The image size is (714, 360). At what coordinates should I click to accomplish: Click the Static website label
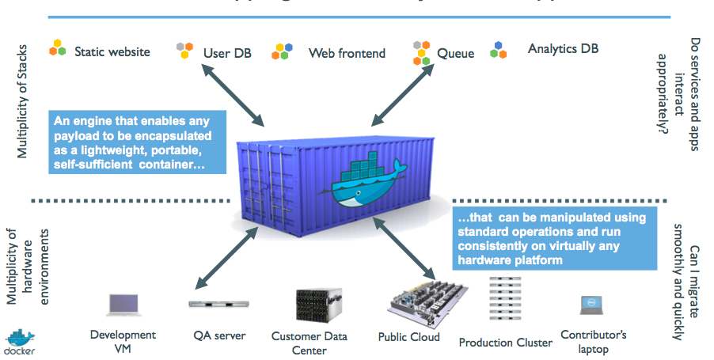[x=112, y=51]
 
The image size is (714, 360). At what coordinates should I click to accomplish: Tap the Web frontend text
[x=347, y=53]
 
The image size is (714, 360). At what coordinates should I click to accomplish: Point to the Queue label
[x=456, y=53]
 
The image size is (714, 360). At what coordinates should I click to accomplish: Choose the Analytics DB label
[x=563, y=49]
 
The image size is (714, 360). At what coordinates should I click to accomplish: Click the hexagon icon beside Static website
[x=58, y=47]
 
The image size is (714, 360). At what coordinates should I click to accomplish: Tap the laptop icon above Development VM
[x=123, y=305]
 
